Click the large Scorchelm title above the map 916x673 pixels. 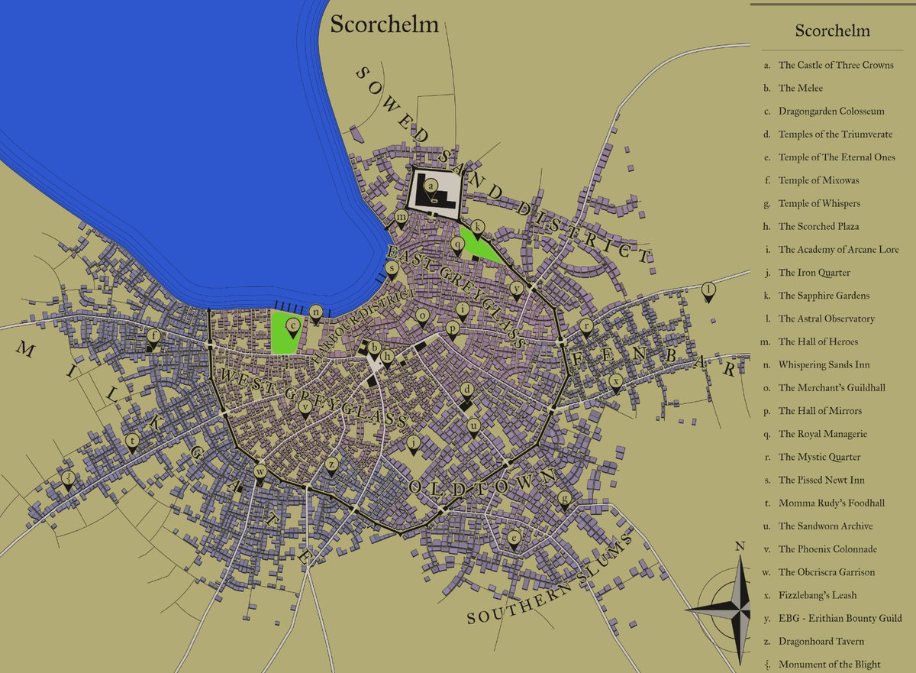384,24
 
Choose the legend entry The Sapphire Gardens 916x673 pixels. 824,296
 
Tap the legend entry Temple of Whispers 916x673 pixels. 819,203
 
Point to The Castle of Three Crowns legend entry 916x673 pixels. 835,65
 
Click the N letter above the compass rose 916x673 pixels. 739,546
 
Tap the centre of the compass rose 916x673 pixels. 739,610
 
